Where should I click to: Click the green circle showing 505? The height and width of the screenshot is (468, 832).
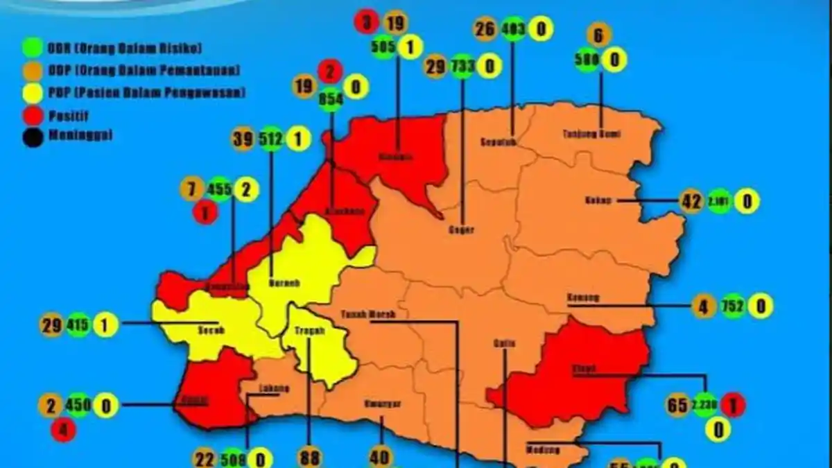pos(382,47)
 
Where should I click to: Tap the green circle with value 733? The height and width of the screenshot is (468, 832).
pos(462,66)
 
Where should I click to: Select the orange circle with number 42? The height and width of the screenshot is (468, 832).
pos(691,201)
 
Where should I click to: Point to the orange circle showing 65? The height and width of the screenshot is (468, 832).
pos(677,405)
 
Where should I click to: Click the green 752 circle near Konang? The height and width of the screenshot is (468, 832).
pos(733,306)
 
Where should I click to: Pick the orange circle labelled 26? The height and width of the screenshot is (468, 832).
pos(486,29)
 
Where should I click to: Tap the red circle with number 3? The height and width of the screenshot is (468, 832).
pos(366,21)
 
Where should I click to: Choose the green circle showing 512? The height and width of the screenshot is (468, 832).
pos(270,140)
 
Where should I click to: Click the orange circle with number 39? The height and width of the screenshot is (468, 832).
pos(243,140)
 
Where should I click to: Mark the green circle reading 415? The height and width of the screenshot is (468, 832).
pos(78,325)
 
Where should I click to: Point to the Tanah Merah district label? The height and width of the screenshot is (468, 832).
pos(368,314)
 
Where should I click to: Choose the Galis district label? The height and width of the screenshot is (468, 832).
pos(503,343)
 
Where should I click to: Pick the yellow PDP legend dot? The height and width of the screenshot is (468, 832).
pos(31,92)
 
